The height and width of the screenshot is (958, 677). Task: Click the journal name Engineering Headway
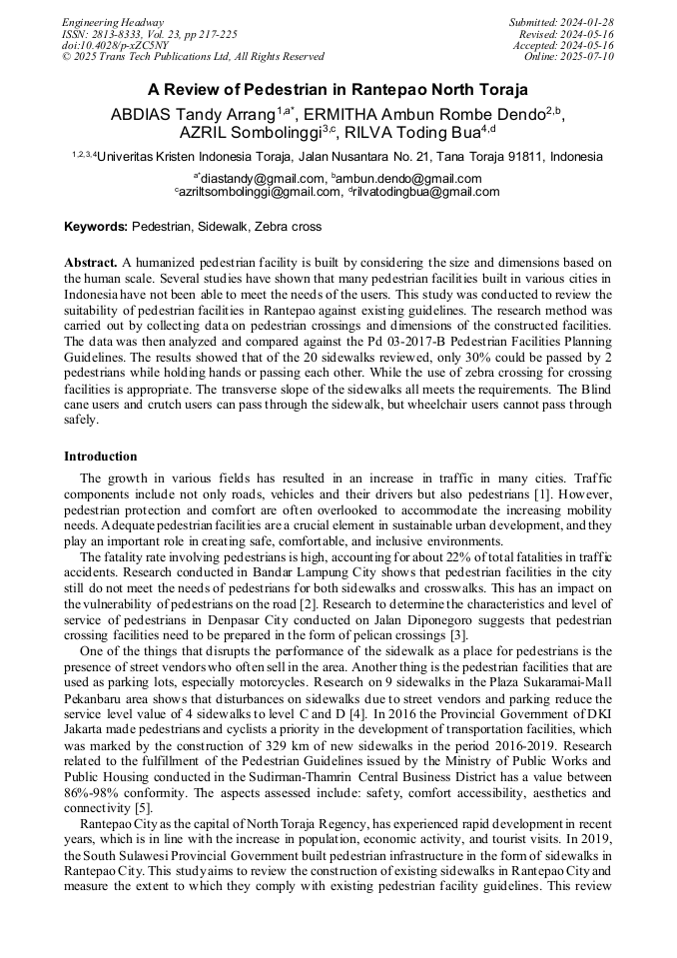[113, 22]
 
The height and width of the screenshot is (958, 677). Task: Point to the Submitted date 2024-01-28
[590, 22]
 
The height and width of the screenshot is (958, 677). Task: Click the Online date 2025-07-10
[590, 56]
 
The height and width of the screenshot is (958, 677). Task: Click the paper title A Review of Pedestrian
[338, 89]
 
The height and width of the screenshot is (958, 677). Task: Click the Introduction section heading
[101, 457]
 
